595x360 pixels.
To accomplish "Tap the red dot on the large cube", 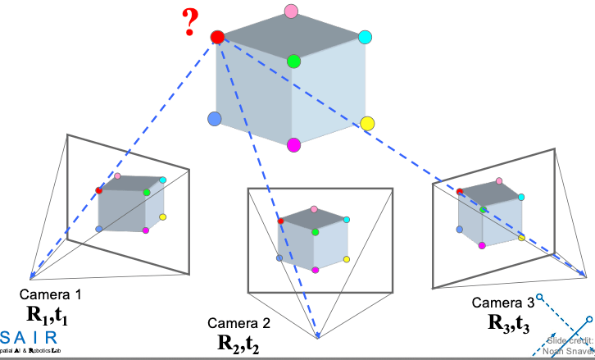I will [217, 37].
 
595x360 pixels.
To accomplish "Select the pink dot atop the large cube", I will [290, 11].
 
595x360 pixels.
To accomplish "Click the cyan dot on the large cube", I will [366, 37].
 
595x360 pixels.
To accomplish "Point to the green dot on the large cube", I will [294, 62].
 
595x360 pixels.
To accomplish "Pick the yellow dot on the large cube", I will [367, 124].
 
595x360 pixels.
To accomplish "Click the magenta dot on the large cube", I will [294, 145].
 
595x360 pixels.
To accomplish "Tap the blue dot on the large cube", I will [216, 119].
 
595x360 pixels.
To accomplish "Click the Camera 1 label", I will [51, 294].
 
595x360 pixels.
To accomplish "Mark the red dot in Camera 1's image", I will [99, 189].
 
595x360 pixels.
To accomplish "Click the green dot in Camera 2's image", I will [316, 232].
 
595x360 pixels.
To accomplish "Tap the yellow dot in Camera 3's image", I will [521, 237].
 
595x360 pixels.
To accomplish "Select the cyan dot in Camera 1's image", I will [163, 180].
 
